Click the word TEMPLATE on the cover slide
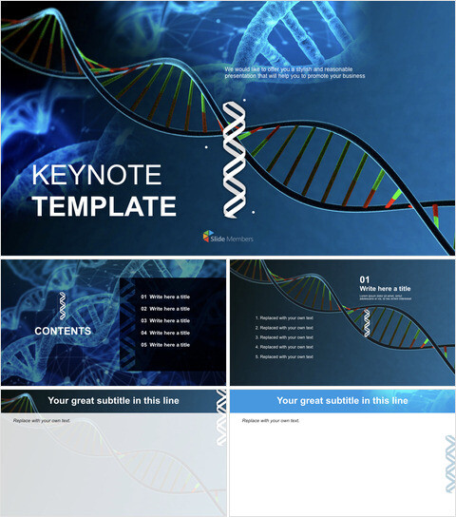(104, 207)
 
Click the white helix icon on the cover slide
(232, 156)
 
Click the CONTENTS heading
(63, 332)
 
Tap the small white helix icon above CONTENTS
(63, 305)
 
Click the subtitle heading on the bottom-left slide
(126, 401)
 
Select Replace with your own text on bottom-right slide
(270, 419)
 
